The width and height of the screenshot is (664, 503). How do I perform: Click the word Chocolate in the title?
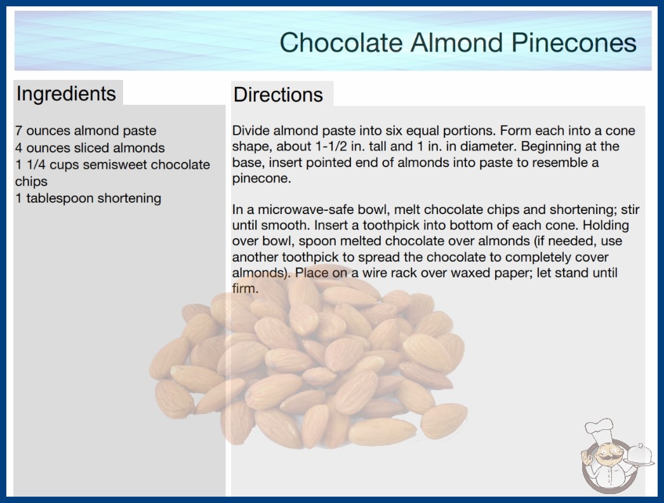(x=341, y=43)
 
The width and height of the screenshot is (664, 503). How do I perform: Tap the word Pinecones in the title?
(x=573, y=43)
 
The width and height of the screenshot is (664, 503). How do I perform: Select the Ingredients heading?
(x=66, y=94)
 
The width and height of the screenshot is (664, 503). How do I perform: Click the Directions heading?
(x=278, y=95)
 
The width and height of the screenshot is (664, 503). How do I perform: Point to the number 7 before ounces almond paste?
(x=18, y=131)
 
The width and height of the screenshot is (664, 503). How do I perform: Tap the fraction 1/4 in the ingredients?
(x=36, y=164)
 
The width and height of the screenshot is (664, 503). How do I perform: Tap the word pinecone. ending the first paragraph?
(x=262, y=179)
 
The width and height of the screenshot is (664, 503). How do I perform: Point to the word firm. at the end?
(x=245, y=288)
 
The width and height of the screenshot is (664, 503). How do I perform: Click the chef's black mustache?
(x=606, y=458)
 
